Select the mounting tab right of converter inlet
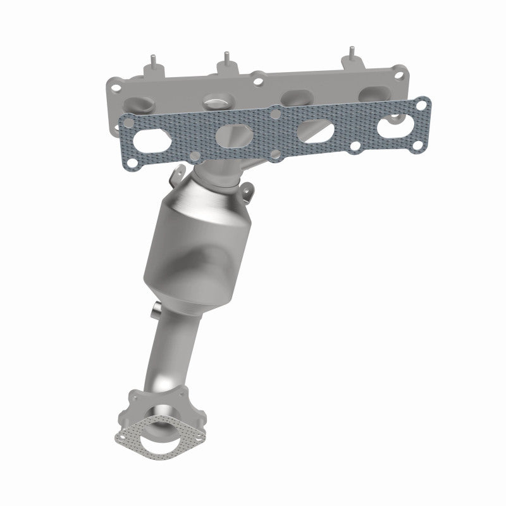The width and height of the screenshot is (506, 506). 249,189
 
